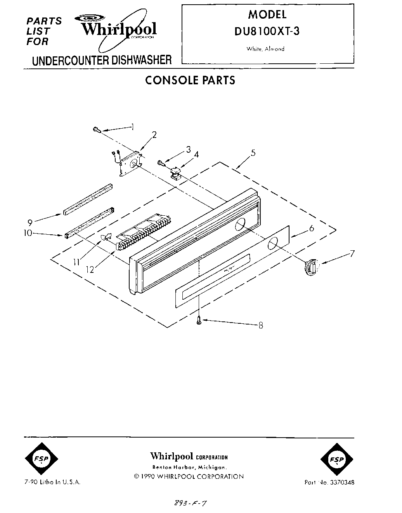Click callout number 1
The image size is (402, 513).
tap(133, 127)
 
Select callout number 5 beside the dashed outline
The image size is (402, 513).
tap(253, 153)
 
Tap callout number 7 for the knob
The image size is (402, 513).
tap(352, 254)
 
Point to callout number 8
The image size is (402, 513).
tap(261, 325)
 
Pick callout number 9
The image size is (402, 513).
tap(30, 222)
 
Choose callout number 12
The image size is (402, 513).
tap(90, 269)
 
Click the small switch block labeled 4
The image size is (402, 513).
tap(175, 172)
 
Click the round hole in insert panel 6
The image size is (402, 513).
tap(274, 243)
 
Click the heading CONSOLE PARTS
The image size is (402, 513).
tap(190, 80)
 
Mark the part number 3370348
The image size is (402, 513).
tap(341, 482)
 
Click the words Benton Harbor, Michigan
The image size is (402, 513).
tap(189, 467)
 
